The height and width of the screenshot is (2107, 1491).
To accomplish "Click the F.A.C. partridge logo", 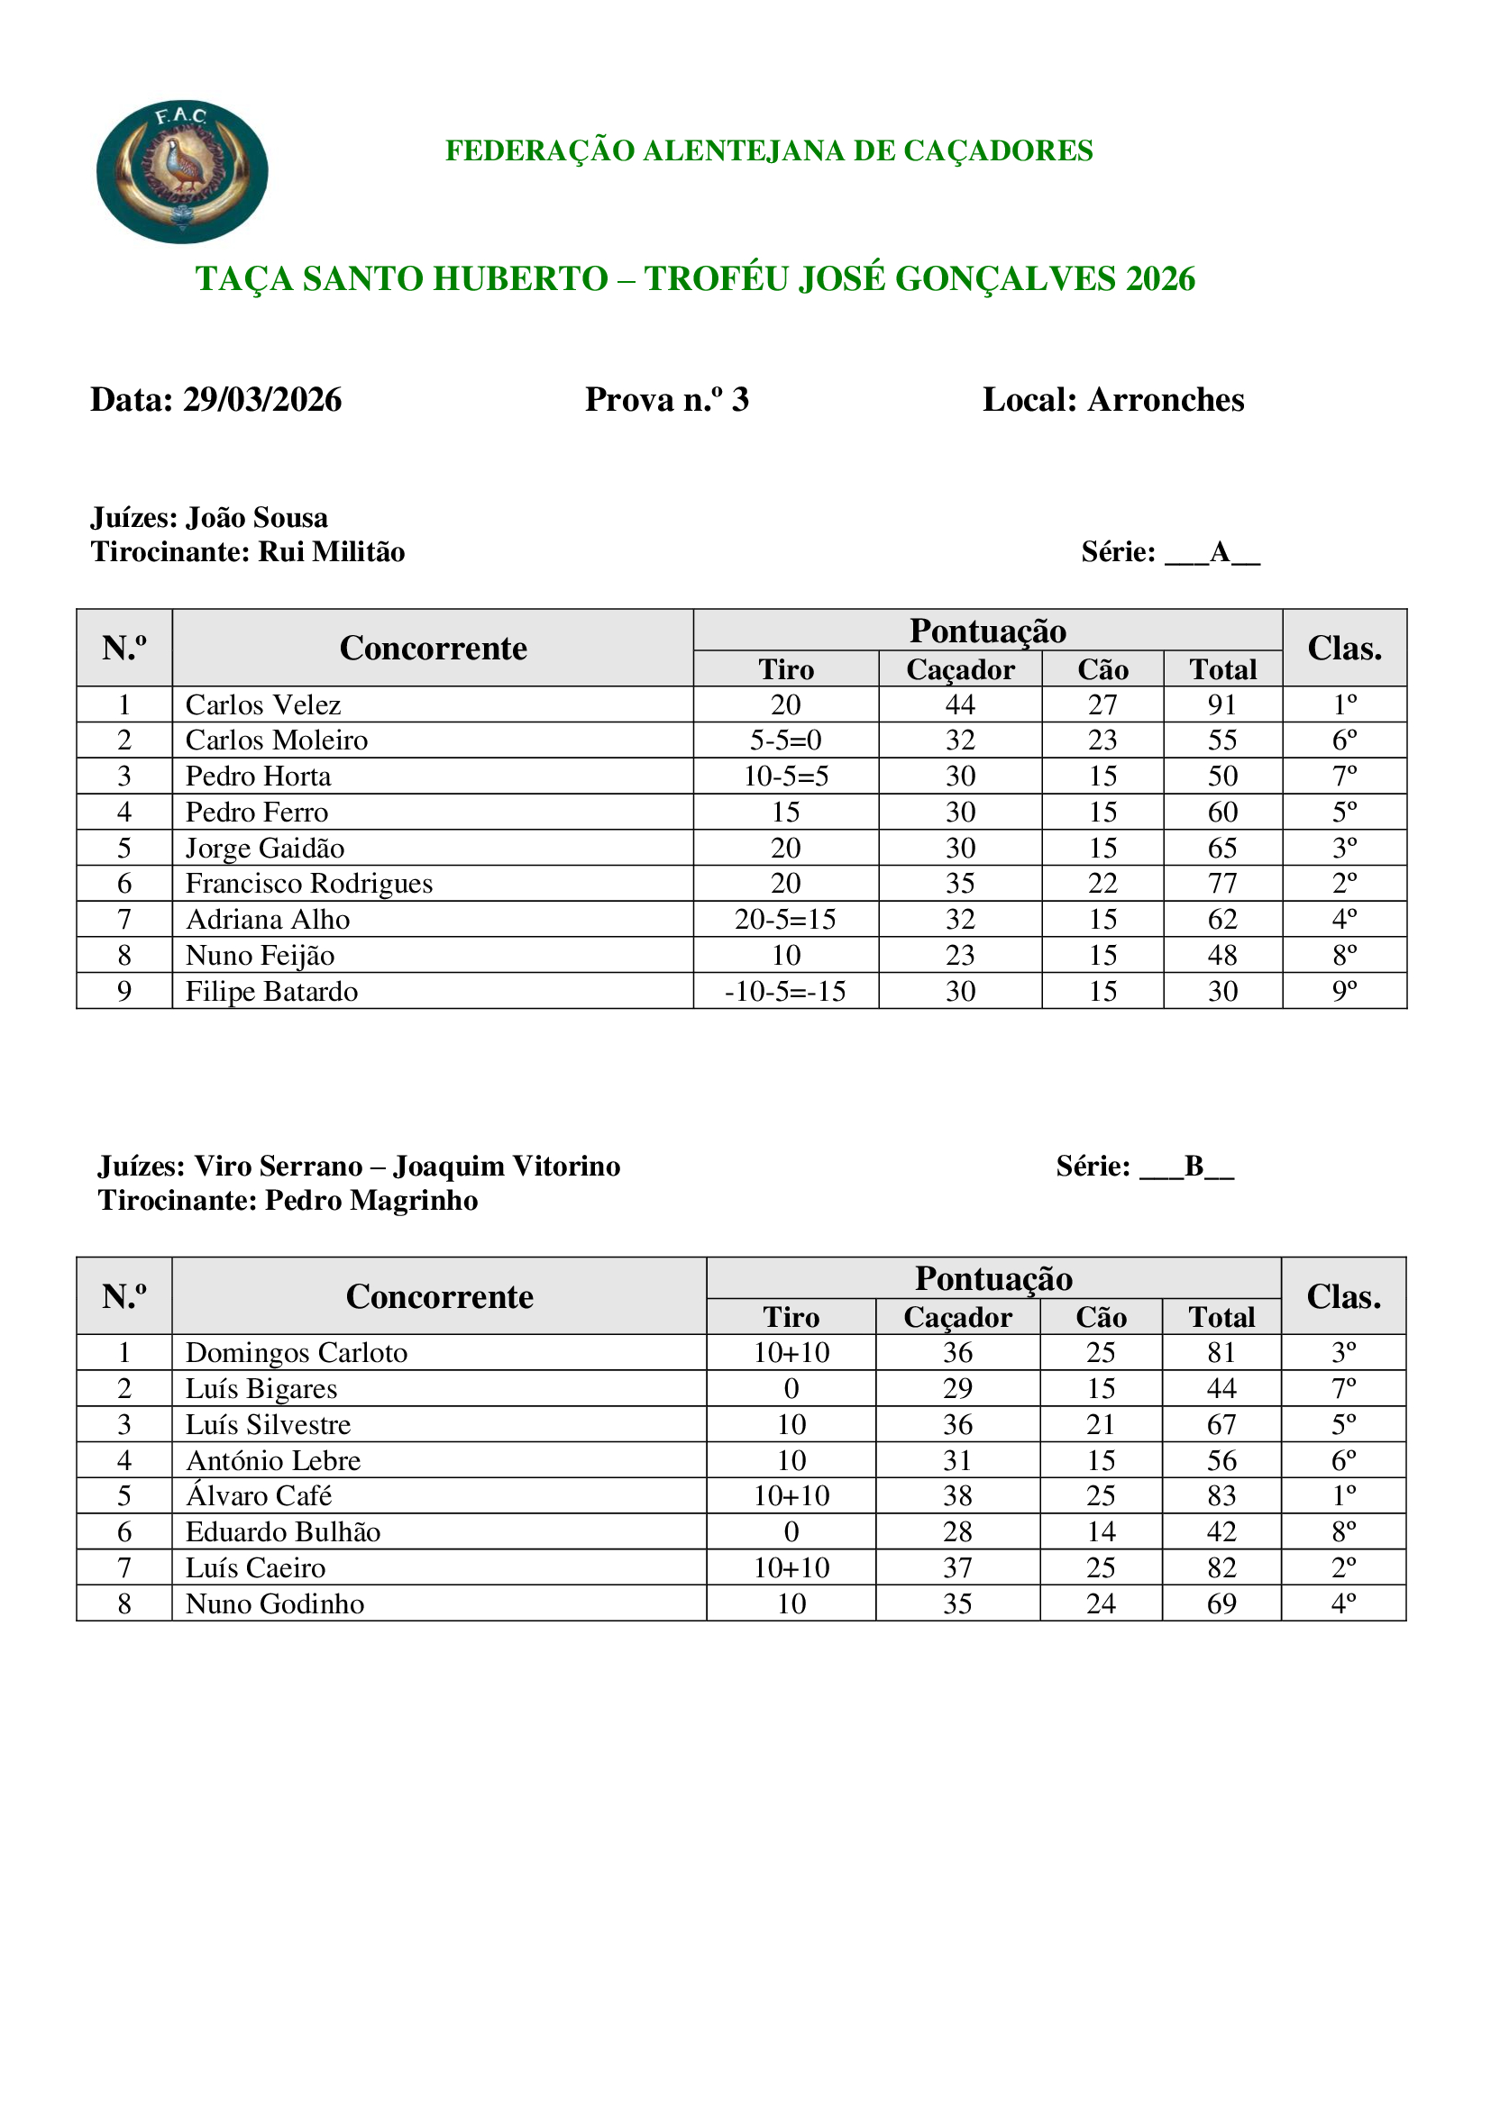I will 182,172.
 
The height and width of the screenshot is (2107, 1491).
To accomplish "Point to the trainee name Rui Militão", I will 332,552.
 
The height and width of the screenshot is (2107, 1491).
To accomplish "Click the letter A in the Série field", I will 1220,552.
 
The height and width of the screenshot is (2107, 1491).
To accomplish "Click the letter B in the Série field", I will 1194,1167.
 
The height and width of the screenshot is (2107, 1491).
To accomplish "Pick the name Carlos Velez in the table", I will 262,704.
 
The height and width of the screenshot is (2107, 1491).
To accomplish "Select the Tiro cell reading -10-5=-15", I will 785,992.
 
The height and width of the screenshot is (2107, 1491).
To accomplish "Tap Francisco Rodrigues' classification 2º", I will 1344,884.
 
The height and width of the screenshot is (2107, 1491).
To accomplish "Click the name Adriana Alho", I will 267,920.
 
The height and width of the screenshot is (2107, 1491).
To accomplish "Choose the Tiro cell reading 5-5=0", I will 785,740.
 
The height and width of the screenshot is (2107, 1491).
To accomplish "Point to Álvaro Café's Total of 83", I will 1221,1496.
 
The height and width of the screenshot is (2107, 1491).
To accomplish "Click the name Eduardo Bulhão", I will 283,1531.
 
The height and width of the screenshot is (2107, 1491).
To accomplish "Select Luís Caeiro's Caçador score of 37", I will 956,1567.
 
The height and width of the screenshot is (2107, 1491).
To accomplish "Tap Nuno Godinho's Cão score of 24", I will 1100,1603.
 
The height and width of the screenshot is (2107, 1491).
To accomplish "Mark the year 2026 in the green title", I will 1160,279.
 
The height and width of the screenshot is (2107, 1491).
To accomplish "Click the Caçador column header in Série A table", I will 959,670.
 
